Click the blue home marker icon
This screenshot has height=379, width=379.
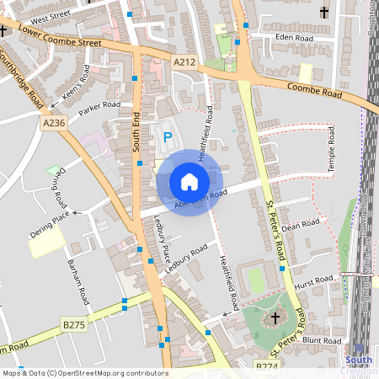click(189, 181)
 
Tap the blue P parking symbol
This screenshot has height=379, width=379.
click(167, 136)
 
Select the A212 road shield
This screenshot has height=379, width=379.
click(185, 61)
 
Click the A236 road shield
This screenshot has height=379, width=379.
click(54, 123)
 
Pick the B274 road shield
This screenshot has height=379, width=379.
click(266, 367)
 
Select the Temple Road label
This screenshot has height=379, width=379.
click(332, 152)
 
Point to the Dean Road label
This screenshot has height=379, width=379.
click(302, 225)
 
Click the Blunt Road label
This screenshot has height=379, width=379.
click(322, 340)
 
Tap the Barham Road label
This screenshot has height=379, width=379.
click(77, 282)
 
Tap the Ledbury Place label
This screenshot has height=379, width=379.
click(162, 239)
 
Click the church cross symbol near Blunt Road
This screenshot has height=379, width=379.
click(275, 318)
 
